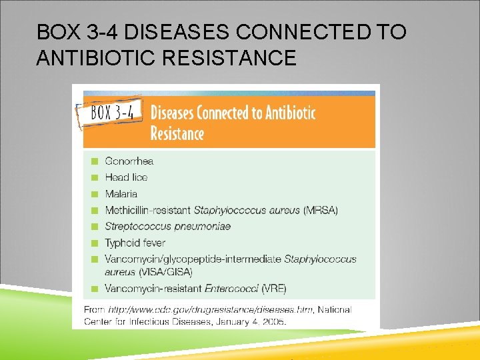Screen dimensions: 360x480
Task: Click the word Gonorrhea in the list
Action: tap(129, 161)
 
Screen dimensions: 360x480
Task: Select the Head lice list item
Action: tap(126, 177)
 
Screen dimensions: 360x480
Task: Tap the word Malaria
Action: tap(121, 194)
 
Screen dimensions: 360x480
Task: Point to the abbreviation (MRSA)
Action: tap(321, 210)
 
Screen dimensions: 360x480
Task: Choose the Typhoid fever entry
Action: tap(135, 243)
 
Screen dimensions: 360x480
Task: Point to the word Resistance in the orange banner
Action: tap(177, 133)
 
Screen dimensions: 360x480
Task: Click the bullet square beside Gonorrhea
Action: tap(95, 161)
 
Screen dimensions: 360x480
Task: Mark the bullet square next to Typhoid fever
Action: tap(95, 243)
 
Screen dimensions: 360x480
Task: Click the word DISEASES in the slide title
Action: tap(178, 32)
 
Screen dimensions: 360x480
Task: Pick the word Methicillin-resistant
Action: tap(147, 210)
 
